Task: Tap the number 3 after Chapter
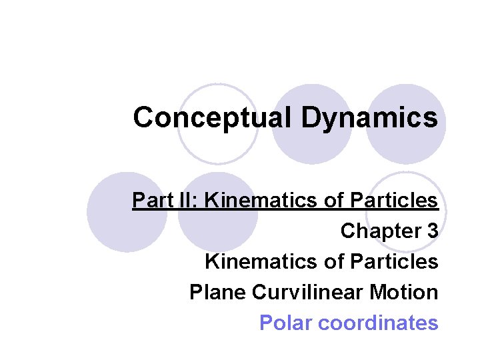coord(433,231)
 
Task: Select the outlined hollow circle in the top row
coord(217,124)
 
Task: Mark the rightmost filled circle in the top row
coord(406,124)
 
